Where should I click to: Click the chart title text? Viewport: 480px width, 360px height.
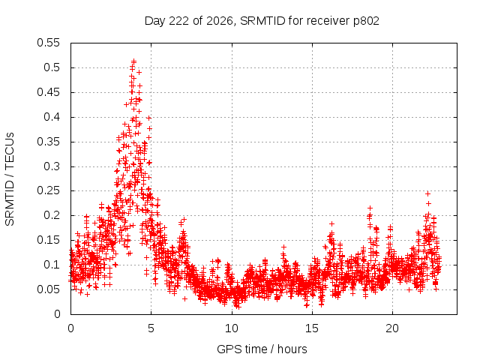pyautogui.click(x=262, y=21)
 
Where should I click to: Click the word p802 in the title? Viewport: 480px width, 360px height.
pyautogui.click(x=366, y=22)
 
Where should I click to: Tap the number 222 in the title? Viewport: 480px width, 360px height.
pyautogui.click(x=179, y=21)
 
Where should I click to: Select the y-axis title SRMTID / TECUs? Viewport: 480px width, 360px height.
pyautogui.click(x=10, y=179)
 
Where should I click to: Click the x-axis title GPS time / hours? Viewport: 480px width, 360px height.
pyautogui.click(x=262, y=349)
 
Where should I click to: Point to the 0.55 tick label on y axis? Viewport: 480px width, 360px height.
pyautogui.click(x=48, y=43)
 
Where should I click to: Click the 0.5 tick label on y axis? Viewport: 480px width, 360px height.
pyautogui.click(x=52, y=67)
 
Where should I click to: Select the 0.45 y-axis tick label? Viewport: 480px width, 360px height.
pyautogui.click(x=48, y=92)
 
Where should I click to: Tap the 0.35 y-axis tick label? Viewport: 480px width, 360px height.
pyautogui.click(x=48, y=142)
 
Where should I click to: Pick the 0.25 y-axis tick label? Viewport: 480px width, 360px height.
pyautogui.click(x=48, y=190)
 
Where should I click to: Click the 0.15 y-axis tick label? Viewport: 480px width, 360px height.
pyautogui.click(x=48, y=240)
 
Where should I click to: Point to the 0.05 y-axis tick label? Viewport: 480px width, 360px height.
pyautogui.click(x=48, y=289)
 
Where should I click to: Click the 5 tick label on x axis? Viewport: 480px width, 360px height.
pyautogui.click(x=151, y=328)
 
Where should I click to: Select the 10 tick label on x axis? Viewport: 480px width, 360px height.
pyautogui.click(x=232, y=328)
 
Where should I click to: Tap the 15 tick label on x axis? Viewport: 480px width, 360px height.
pyautogui.click(x=312, y=328)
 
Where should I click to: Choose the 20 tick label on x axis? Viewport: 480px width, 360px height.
pyautogui.click(x=392, y=328)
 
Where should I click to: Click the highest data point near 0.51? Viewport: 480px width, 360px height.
pyautogui.click(x=133, y=61)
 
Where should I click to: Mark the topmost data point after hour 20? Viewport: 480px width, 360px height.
pyautogui.click(x=428, y=193)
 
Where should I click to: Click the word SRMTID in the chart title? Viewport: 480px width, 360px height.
pyautogui.click(x=262, y=21)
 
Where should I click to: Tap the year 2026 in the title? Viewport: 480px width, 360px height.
pyautogui.click(x=220, y=22)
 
